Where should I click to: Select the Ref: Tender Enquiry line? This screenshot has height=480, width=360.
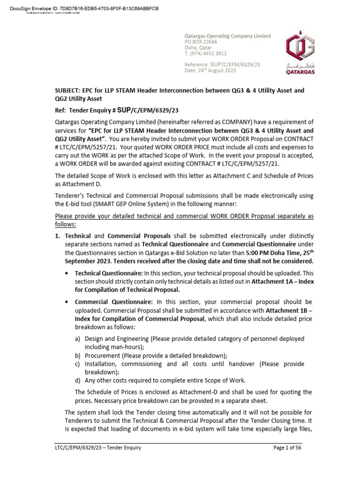[x=117, y=110]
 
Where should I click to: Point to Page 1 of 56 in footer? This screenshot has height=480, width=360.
[x=288, y=448]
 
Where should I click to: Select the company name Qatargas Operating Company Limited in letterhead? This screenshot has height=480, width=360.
[x=227, y=36]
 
